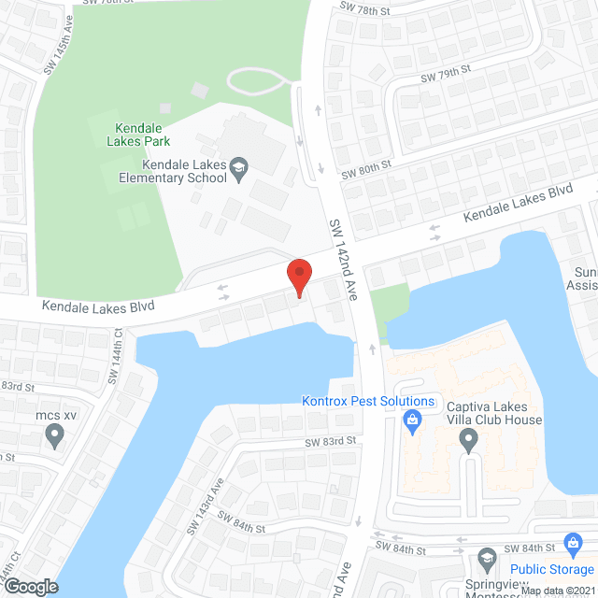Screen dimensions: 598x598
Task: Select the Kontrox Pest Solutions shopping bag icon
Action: coord(411,422)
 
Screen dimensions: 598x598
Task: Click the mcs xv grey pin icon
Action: coord(54,434)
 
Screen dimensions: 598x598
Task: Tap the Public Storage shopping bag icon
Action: coord(574,545)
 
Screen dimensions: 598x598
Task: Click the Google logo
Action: coord(31,586)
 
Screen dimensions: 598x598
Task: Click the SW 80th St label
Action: coord(365,169)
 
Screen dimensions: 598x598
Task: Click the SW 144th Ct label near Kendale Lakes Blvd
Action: coord(118,349)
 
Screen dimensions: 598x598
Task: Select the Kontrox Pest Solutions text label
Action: coord(368,402)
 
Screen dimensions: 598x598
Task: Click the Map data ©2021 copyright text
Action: coord(557,591)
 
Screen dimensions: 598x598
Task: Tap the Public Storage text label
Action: coord(552,569)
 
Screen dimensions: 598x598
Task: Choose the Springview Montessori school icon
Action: coord(486,561)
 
